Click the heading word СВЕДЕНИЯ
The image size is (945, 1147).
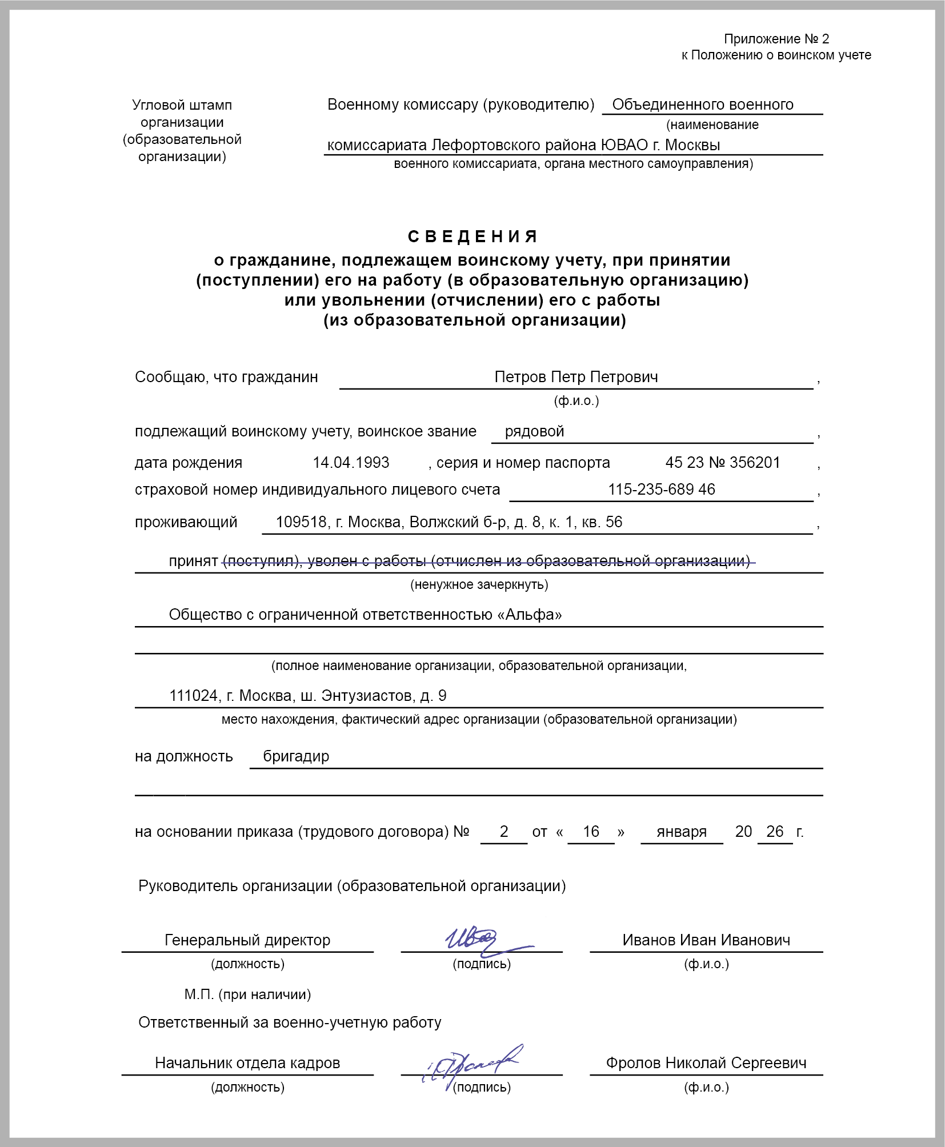coord(472,236)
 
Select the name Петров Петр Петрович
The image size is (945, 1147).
coord(576,377)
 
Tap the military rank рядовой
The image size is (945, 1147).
coord(534,431)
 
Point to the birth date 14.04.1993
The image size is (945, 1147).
coord(351,463)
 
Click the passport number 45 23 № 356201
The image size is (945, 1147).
coord(723,463)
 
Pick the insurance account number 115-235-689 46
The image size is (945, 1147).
coord(661,490)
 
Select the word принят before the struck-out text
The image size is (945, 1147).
coord(193,561)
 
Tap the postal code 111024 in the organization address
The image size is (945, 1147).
coord(194,696)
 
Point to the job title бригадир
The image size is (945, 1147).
coord(296,756)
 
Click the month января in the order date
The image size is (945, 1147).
coord(682,832)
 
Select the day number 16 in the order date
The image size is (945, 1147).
coord(591,832)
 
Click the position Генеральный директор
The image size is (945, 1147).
coord(247,940)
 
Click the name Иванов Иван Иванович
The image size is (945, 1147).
coord(706,940)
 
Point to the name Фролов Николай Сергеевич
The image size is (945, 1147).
coord(706,1063)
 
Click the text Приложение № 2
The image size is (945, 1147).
coord(776,39)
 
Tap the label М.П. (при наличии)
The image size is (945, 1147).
coord(247,994)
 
